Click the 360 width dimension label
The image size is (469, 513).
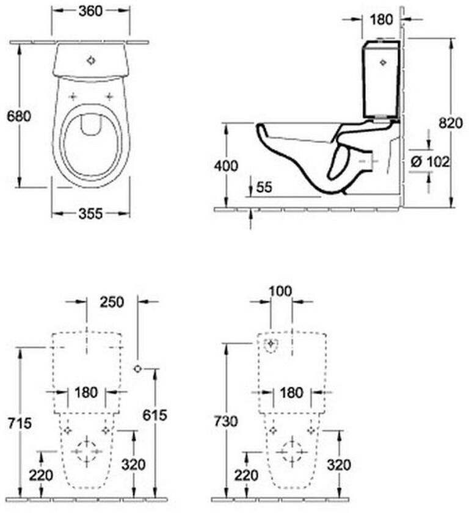tap(90, 11)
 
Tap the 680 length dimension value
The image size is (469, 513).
tap(19, 116)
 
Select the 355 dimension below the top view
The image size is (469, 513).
tap(90, 214)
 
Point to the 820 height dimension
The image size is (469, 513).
tap(451, 123)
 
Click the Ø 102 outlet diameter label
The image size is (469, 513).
tap(430, 162)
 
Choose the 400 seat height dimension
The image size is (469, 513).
tap(226, 166)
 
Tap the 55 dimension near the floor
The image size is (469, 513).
tap(264, 187)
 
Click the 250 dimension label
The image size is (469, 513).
tap(112, 302)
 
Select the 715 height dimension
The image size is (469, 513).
tap(20, 423)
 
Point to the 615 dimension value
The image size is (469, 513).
tap(155, 415)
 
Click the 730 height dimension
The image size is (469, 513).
tap(226, 421)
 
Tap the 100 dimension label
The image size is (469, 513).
tap(281, 291)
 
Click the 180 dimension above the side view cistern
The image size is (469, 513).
tap(381, 20)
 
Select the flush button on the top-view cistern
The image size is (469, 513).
tap(91, 60)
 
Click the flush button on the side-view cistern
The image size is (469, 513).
tap(383, 62)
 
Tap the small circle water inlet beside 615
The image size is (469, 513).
tap(137, 369)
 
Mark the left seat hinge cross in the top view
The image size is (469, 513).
tap(73, 96)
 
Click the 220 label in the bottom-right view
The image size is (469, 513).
tap(246, 475)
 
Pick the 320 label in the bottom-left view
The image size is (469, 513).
tap(133, 464)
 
